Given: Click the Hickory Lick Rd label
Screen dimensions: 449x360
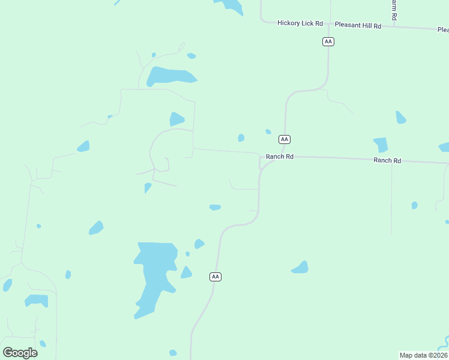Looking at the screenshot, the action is [x=300, y=23].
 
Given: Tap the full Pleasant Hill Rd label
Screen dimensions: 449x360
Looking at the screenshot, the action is [x=358, y=26].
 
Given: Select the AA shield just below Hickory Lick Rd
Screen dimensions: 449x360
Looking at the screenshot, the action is [x=328, y=41].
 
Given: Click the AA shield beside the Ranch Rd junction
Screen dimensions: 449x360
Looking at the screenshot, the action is [x=285, y=139].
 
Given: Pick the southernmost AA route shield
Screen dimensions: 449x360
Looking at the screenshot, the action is [x=215, y=277].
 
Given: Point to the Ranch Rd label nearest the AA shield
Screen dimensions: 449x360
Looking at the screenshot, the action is [x=280, y=157].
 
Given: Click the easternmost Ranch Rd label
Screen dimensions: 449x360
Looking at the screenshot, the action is [x=387, y=160].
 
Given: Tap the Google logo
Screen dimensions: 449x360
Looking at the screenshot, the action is [x=20, y=352].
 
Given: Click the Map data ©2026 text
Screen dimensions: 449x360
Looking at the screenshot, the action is [x=423, y=355].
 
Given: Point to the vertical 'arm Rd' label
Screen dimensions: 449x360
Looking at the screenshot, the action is [x=394, y=10].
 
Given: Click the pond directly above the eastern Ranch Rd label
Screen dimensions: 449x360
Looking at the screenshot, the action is [x=381, y=145].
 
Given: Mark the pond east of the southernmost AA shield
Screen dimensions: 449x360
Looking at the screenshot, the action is [x=301, y=268].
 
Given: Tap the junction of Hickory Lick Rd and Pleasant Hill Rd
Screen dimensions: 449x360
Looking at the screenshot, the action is [x=328, y=25].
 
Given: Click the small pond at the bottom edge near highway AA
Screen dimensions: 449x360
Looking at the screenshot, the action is [x=173, y=353].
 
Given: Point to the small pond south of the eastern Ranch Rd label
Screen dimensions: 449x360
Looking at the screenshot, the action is [x=414, y=205].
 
